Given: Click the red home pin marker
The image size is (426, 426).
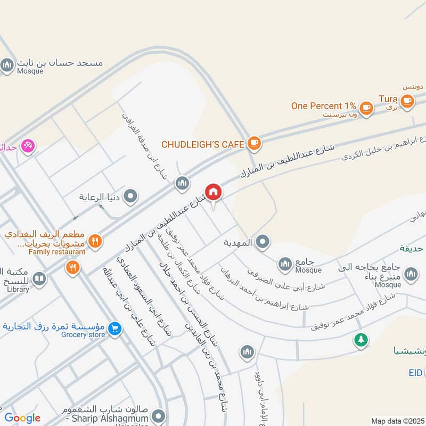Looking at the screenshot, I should click(x=213, y=192).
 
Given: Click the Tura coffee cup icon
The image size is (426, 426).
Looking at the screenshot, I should click(x=407, y=101).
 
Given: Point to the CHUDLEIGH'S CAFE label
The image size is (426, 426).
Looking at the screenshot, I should click(x=202, y=144).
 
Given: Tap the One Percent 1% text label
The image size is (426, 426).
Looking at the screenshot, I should click(x=323, y=106).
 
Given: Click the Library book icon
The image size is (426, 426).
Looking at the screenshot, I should click(x=39, y=278).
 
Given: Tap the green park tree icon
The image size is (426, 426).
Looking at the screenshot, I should click(x=362, y=339).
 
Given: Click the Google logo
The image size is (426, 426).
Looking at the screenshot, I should click(x=22, y=418).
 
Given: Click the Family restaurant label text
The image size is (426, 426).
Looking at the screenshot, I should click(x=57, y=251).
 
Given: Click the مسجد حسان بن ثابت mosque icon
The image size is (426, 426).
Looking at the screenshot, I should click(x=7, y=66).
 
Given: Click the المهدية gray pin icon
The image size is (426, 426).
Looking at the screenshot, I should click(x=262, y=243).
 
